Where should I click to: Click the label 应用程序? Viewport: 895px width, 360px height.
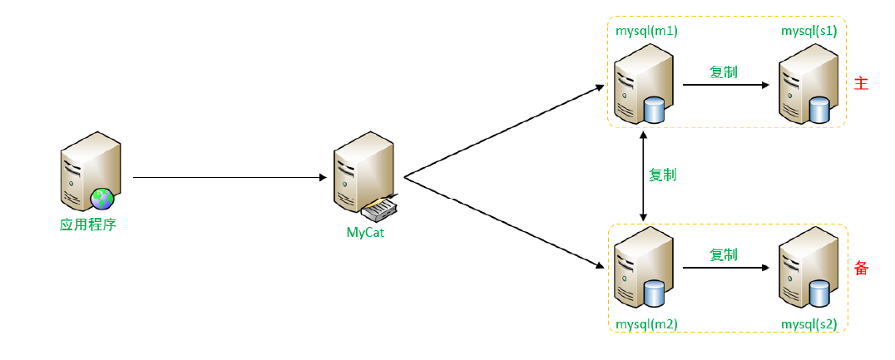coord(87,224)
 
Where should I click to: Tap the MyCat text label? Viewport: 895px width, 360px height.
coord(366,232)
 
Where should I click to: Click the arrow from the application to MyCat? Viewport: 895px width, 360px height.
coord(229,177)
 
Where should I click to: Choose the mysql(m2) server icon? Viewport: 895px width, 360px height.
coord(643,269)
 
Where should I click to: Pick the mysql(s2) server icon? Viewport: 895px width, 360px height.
coord(806,269)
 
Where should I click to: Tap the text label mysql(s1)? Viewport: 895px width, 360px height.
coord(808,31)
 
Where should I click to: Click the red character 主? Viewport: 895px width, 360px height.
coord(861,84)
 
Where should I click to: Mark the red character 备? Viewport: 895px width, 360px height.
coord(861,269)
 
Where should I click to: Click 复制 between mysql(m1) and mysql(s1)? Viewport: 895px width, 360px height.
coord(724,72)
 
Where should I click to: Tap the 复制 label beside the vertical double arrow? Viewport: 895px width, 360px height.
coord(662,175)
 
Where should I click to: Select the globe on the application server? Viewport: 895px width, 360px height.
coord(103,198)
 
